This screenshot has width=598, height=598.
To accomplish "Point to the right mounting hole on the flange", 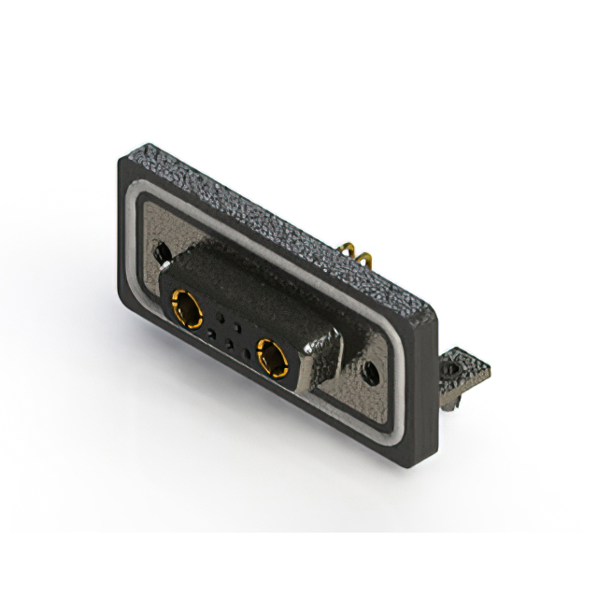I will click(373, 371).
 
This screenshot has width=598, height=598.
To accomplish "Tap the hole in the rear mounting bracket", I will click(455, 370).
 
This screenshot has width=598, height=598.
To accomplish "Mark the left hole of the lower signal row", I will click(212, 332).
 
